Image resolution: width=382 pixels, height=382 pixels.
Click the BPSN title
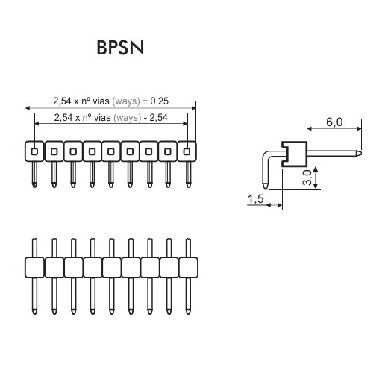point(120,48)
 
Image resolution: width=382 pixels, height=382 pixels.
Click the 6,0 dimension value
point(334,122)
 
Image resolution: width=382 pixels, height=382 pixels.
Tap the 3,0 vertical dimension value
point(307,178)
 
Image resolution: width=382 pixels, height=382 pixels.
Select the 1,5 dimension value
point(255,199)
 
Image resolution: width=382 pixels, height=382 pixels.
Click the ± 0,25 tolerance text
point(155,101)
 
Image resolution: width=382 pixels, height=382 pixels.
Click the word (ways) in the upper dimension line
point(126,101)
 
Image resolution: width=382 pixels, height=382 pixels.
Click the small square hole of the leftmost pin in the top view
point(34,151)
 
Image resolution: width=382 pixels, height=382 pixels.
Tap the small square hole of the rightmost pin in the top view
point(187,151)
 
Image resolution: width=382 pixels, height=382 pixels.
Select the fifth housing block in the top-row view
point(111,151)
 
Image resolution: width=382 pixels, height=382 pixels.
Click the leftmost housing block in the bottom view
point(34,268)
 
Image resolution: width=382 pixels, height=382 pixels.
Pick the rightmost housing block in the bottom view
point(189,268)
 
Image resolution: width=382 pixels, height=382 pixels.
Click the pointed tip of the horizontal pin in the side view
point(361,153)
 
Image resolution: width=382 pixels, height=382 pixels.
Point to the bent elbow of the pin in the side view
point(266,154)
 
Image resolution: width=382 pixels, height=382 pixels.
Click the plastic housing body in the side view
point(294,154)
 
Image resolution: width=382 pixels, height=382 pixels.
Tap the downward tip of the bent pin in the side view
point(266,188)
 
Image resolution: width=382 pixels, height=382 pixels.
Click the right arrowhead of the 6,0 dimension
point(360,128)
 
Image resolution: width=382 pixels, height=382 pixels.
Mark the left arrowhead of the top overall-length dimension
point(28,108)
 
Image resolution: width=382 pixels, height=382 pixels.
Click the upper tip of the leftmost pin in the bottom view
point(34,239)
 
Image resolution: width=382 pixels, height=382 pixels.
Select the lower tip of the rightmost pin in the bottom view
point(188,313)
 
